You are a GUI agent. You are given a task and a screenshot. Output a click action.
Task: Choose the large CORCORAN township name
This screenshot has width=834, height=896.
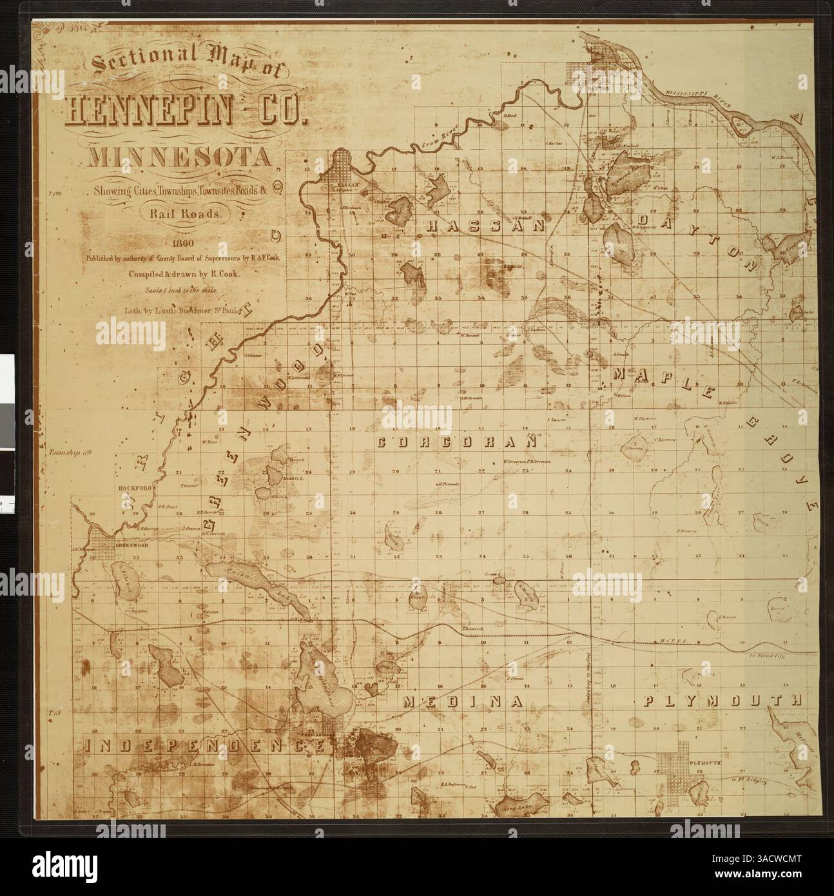[456, 443]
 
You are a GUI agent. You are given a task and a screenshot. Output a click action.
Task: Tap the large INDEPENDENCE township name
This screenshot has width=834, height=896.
[204, 746]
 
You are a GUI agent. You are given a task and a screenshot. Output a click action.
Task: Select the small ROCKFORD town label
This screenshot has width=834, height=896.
[133, 488]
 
